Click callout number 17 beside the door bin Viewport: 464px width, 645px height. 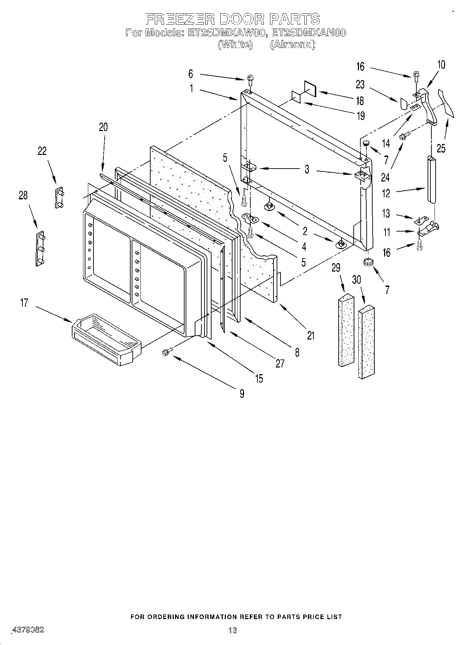tap(24, 302)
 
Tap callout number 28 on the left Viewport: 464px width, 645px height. tap(23, 195)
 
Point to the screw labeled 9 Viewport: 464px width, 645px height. tap(166, 353)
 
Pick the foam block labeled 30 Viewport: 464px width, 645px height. tap(367, 341)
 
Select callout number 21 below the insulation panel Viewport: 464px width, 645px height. tap(311, 335)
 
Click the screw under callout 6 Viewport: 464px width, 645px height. tap(250, 80)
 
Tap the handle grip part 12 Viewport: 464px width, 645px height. tap(431, 179)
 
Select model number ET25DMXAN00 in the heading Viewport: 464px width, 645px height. tap(309, 33)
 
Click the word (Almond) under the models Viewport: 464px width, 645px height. tap(292, 44)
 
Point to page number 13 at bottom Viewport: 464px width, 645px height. tap(232, 630)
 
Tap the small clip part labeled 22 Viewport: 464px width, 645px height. tap(58, 198)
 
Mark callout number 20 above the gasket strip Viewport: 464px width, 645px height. tap(103, 127)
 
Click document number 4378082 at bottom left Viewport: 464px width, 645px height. tap(28, 630)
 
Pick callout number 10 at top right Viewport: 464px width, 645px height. tap(441, 64)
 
